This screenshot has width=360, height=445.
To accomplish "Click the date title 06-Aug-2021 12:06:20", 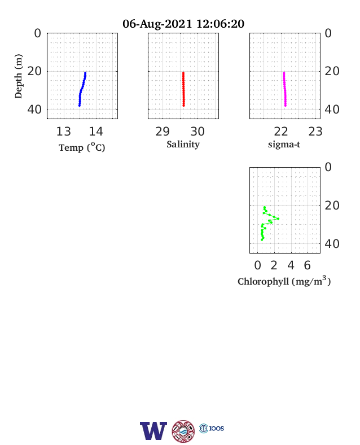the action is coord(183,24).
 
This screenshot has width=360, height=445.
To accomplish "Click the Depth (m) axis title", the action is coord(19,76).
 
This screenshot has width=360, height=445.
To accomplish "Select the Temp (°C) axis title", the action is coord(82,147).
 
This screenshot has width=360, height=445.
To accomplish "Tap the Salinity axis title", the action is coord(183,144).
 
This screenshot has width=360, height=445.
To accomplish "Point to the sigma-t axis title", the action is coord(284,145).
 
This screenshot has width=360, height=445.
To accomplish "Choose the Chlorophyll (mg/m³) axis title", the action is coord(284,281).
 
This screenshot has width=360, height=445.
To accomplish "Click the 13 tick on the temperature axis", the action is coord(64,132).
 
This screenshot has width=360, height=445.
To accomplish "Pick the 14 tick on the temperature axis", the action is coord(96,132).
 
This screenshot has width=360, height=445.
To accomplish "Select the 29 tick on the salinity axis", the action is coord(163,132).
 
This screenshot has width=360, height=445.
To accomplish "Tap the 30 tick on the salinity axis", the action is coord(197,132).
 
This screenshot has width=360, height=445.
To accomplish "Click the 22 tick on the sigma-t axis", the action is coord(281,132).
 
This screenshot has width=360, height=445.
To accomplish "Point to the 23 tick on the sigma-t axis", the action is coord(315,132).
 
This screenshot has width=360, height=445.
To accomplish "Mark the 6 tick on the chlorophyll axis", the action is coord(308,265).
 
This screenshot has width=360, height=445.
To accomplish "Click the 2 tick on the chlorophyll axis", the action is coord(274,265).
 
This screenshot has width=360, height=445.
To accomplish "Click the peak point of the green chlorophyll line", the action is coord(278,219).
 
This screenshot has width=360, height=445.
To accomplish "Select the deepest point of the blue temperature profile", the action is coord(80,106).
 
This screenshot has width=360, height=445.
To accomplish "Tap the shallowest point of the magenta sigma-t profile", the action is coord(284,73).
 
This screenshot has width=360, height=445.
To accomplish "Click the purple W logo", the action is coord(153,431).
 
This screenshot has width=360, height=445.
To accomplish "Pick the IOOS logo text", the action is coord(217,428).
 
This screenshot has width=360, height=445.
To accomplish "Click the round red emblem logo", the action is coord(183,431).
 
